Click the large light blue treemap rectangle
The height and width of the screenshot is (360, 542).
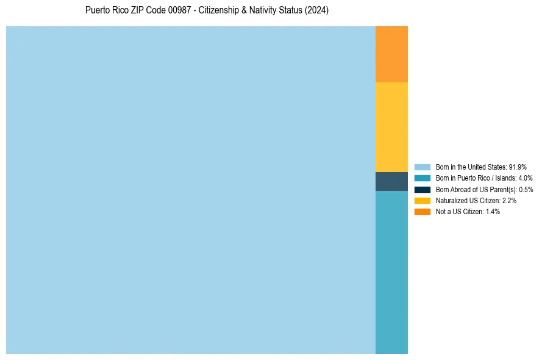coord(191,190)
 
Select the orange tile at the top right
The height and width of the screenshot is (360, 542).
coord(391,54)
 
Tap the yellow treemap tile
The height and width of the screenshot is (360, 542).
coord(391,127)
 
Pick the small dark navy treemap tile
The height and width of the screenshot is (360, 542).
coord(391,182)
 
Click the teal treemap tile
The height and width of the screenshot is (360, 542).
coord(391,272)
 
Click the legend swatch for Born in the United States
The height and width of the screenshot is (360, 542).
coord(423,167)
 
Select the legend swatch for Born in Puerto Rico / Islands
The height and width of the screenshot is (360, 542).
coord(423,178)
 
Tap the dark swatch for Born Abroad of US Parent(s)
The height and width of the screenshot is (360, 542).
coord(423,189)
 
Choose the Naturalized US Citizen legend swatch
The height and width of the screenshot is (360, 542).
coord(423,200)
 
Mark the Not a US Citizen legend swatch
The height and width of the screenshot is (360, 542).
coord(423,212)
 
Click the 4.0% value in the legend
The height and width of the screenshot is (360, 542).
coord(525,178)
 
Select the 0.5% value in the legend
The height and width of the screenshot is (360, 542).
coord(526,189)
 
